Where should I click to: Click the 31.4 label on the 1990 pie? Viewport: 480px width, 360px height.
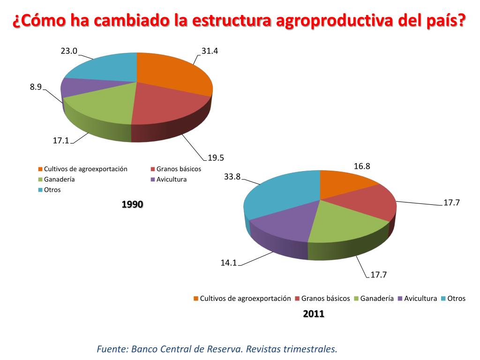click(x=210, y=51)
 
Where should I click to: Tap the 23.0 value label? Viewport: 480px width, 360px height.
click(x=68, y=51)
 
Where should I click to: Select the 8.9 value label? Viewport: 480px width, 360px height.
click(x=36, y=86)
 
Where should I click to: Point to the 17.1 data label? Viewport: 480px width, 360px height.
click(x=60, y=140)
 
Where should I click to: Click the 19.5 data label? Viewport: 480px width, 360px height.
click(x=216, y=157)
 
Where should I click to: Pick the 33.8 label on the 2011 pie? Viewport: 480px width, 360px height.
click(x=232, y=177)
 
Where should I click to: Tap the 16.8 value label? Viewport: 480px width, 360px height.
click(x=362, y=166)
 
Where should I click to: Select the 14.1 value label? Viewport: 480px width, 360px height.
click(x=229, y=263)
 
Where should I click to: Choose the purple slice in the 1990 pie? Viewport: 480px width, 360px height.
click(x=75, y=87)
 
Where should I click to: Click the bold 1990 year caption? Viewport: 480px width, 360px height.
click(x=132, y=204)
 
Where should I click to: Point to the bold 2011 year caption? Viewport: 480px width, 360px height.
click(x=314, y=314)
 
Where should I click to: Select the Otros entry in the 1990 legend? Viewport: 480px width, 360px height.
click(x=52, y=190)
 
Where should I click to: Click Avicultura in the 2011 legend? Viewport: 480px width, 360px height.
click(x=420, y=299)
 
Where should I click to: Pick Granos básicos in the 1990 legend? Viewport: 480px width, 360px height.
click(x=179, y=169)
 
